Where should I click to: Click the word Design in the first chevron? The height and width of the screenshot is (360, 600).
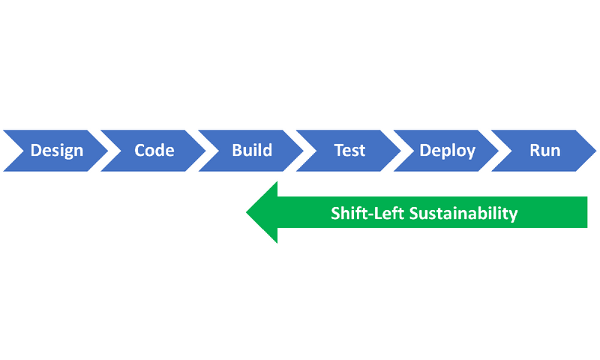click(x=56, y=150)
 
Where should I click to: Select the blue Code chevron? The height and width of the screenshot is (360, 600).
click(x=154, y=150)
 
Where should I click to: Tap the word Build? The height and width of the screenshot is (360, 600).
click(x=252, y=150)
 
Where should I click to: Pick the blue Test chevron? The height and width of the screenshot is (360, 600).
click(x=349, y=150)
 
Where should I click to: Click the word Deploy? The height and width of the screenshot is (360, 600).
click(x=447, y=150)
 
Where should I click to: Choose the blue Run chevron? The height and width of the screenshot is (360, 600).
click(x=544, y=150)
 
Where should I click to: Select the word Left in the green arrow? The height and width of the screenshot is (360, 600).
click(x=388, y=213)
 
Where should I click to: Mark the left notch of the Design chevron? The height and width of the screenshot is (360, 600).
click(x=16, y=150)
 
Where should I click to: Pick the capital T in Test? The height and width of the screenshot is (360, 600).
click(x=338, y=150)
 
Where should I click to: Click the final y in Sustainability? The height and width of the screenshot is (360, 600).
click(x=513, y=215)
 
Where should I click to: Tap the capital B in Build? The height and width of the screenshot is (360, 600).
click(x=236, y=150)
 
